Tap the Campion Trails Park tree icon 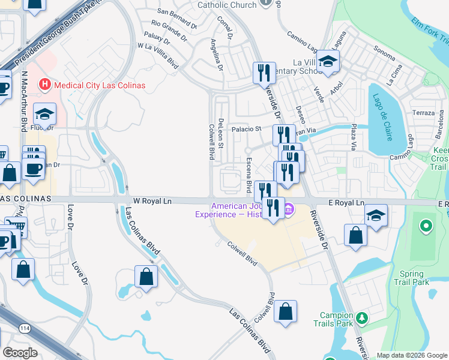(361, 317)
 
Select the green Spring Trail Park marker (426, 227)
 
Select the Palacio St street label (248, 129)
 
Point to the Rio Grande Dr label (173, 25)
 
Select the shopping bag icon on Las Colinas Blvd (146, 277)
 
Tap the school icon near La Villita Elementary (328, 61)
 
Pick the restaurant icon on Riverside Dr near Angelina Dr (264, 73)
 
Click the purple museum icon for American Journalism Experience (289, 209)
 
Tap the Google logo (20, 353)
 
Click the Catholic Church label (227, 5)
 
